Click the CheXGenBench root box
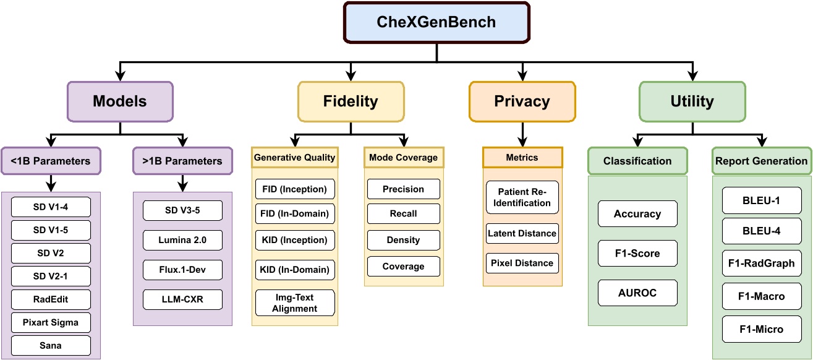[x=436, y=22]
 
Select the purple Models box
[x=121, y=101]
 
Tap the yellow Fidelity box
[x=351, y=101]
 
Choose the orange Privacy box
[x=522, y=101]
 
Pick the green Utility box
[x=692, y=101]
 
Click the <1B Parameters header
[x=51, y=161]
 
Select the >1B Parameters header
[x=182, y=161]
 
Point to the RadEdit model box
[x=51, y=299]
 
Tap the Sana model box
[x=51, y=345]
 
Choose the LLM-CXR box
[x=182, y=300]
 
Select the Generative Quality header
[x=294, y=158]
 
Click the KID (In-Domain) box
[x=294, y=270]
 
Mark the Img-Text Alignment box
[x=294, y=303]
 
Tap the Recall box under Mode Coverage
[x=403, y=213]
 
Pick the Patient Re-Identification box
[x=522, y=197]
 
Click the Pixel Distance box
[x=522, y=263]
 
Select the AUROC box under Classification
[x=637, y=293]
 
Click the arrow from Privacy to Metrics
[x=522, y=132]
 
